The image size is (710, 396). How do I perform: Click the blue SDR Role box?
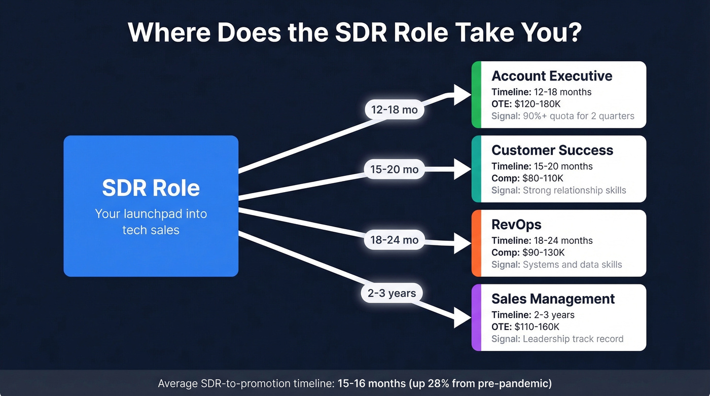(151, 206)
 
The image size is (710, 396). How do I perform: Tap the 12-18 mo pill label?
(395, 110)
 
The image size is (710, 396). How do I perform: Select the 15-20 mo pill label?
(395, 169)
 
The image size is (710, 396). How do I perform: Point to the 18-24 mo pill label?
(395, 239)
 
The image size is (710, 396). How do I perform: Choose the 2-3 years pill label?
(392, 293)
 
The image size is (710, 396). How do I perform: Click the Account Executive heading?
(552, 76)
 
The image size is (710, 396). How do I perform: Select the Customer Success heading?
(552, 150)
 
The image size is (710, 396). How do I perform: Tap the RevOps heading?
(516, 225)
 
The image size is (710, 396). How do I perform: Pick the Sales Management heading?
(553, 299)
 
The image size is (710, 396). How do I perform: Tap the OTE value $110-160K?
(539, 327)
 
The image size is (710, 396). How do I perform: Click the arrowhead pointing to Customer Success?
(463, 169)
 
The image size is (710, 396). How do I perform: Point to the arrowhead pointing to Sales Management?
(463, 317)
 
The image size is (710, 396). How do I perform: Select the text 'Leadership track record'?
(573, 339)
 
